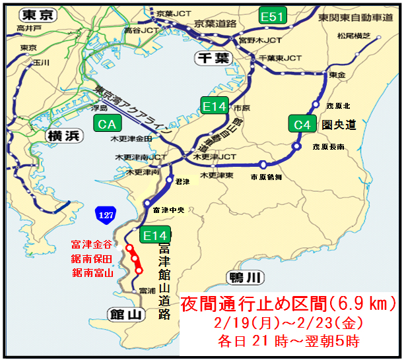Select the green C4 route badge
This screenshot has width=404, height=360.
point(301,124)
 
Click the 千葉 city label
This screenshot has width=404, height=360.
point(212,58)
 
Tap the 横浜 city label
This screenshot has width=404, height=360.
point(63,136)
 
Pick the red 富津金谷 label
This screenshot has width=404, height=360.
point(92,246)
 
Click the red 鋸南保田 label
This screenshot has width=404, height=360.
point(92,258)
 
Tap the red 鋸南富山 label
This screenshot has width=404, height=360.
point(92,272)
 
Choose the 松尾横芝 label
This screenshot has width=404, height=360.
point(353,36)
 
